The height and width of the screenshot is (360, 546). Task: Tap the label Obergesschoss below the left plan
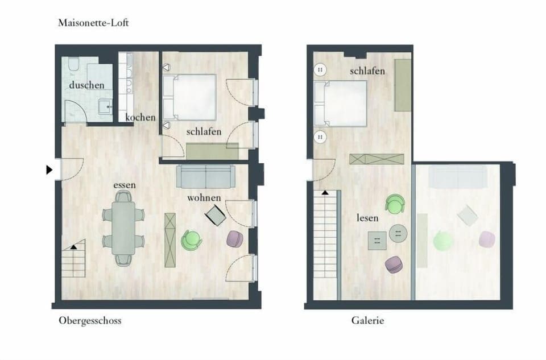(90, 321)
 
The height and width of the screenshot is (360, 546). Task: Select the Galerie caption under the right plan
(367, 321)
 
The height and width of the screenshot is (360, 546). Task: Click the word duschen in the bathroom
(86, 85)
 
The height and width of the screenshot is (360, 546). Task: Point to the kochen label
(140, 117)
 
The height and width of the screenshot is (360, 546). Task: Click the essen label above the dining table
(124, 185)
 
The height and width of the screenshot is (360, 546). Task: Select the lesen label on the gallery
(367, 218)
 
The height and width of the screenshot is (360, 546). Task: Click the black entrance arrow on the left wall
(49, 169)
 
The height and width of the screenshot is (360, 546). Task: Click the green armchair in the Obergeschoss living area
(191, 239)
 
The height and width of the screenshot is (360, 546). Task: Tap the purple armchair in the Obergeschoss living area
(235, 238)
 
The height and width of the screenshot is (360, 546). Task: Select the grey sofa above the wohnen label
(205, 176)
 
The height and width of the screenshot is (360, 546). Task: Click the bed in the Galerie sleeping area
(341, 103)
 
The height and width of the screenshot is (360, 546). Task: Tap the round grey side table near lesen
(398, 233)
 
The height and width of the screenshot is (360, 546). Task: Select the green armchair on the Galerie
(395, 204)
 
